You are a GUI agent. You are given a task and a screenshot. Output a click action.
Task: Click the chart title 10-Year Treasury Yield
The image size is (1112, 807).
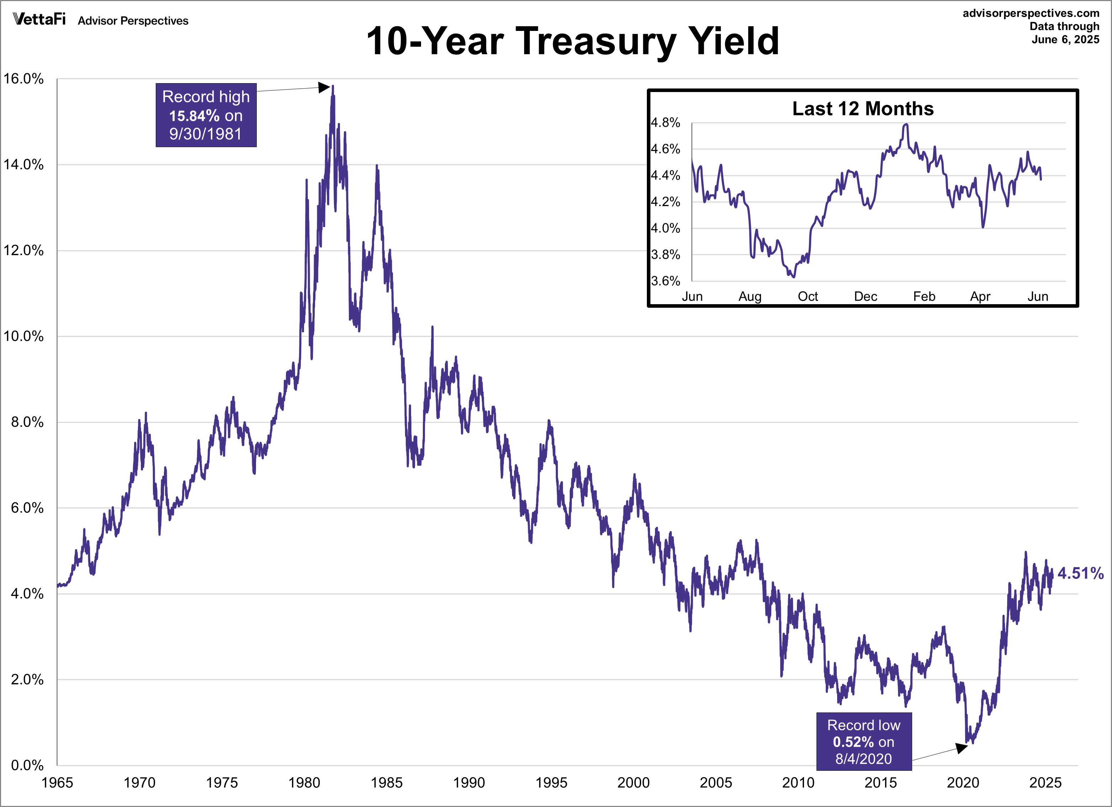coord(572,41)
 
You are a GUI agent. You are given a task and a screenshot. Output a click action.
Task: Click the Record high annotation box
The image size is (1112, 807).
coord(206,115)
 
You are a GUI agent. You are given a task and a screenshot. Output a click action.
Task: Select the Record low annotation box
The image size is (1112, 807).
coord(863,741)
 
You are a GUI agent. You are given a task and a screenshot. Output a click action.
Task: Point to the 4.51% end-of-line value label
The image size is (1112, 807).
coord(1080,573)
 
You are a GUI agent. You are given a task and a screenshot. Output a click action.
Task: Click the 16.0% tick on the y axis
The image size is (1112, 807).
coord(23,79)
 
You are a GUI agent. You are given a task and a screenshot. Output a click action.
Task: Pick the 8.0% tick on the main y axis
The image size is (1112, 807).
coord(27,422)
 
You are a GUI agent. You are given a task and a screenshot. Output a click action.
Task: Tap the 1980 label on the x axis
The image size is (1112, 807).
coord(304,782)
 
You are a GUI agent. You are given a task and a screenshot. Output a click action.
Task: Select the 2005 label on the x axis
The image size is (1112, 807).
coord(716,782)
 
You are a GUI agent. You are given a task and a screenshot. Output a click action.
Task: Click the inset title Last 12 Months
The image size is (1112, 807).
coord(863,109)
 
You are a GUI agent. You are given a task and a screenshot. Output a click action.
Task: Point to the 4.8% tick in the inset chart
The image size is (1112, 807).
coord(665,123)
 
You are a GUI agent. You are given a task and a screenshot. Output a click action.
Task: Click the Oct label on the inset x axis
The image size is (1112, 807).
coord(808,296)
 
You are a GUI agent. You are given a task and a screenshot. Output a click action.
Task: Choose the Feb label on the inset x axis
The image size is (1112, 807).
coord(924,296)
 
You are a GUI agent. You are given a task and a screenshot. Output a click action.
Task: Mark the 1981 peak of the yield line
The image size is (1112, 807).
coord(333,87)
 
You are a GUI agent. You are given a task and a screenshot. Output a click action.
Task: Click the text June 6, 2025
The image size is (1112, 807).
coord(1065,40)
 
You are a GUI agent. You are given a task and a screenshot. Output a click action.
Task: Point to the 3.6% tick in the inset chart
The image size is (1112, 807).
coord(665,281)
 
